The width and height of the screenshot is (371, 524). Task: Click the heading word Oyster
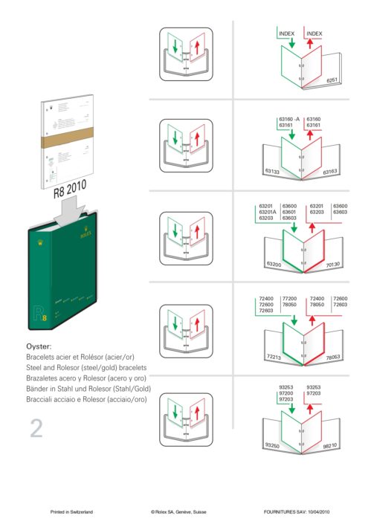[39, 346]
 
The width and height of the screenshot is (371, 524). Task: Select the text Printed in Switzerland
[71, 512]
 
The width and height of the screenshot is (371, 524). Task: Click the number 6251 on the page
[332, 79]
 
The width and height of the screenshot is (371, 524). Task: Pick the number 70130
[332, 264]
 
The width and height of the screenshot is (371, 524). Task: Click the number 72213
[274, 358]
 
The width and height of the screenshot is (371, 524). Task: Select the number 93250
[273, 445]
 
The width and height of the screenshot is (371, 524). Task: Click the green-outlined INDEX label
[286, 33]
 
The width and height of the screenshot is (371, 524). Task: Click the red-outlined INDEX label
[314, 33]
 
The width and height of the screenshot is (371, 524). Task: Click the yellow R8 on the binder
[40, 317]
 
